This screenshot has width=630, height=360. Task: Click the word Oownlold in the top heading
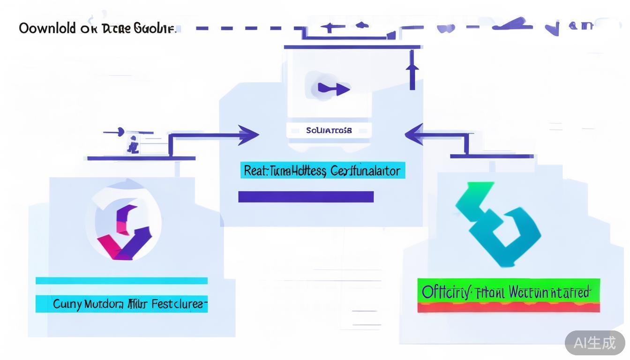pos(47,28)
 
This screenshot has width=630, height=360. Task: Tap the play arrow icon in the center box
pos(334,89)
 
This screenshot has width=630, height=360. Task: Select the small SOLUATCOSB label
pos(329,130)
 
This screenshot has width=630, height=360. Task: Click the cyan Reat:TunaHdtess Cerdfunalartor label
pos(322,171)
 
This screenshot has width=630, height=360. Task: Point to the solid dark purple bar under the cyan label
pos(306,197)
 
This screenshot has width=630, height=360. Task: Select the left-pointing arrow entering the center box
pos(414,135)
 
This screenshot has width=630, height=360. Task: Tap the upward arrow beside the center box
pos(412,70)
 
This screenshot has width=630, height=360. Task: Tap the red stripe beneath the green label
pos(509,307)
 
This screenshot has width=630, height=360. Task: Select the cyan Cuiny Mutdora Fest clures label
pos(122,304)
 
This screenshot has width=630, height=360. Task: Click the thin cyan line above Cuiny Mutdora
pos(122,281)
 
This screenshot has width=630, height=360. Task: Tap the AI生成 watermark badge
pos(595,343)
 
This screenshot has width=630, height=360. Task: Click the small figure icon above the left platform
pos(133,145)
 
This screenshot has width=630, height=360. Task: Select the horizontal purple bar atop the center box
pos(352,47)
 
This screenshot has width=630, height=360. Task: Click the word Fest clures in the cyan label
pos(178,304)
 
